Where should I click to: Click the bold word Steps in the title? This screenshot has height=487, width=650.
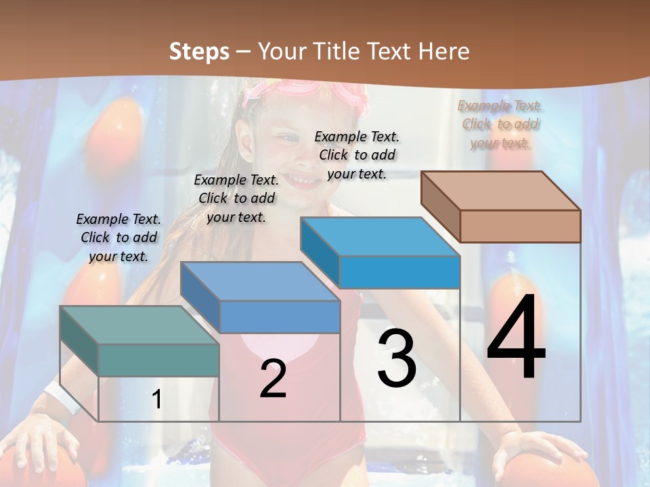(199, 51)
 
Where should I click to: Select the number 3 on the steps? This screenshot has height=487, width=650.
(397, 358)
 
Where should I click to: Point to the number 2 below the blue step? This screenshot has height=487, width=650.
(273, 379)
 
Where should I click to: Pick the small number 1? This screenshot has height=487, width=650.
(157, 400)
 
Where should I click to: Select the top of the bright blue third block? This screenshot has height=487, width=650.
(379, 237)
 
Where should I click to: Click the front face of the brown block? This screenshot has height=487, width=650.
(520, 226)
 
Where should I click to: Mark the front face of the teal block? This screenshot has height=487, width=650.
(158, 360)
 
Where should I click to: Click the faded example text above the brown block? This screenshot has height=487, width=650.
(500, 124)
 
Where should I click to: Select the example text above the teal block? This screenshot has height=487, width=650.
(118, 237)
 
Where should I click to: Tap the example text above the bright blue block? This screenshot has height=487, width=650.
(357, 155)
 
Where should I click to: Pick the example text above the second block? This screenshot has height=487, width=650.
(236, 198)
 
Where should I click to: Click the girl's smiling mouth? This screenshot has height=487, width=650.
(302, 179)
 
